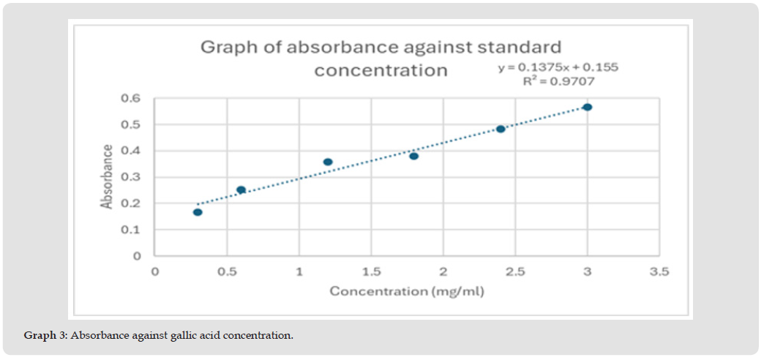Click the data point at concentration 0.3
[198, 212]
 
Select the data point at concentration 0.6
[241, 190]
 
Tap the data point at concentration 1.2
[328, 162]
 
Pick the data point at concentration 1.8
[414, 156]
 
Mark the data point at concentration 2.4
[501, 129]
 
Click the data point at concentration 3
[587, 107]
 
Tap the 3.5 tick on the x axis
[659, 272]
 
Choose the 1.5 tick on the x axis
[371, 272]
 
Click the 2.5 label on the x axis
[515, 272]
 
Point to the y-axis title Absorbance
[108, 177]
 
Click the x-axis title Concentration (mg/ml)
[407, 291]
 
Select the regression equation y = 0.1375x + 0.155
[558, 67]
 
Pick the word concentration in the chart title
[381, 71]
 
